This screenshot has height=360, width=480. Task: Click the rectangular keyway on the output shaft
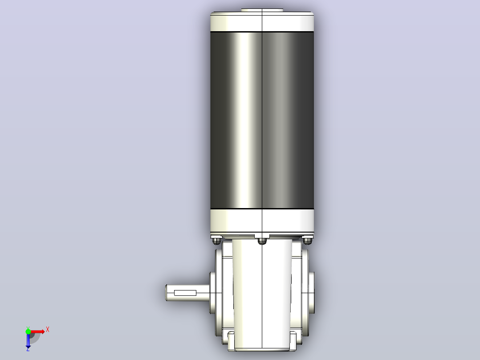click(x=185, y=293)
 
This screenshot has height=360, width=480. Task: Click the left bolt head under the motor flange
click(x=217, y=241)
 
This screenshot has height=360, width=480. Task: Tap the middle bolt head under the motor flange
click(x=262, y=241)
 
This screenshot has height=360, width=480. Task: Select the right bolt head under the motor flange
click(x=307, y=241)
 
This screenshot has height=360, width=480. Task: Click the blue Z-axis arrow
click(x=28, y=340)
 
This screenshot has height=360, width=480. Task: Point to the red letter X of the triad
click(x=48, y=330)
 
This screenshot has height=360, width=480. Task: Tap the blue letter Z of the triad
click(x=28, y=349)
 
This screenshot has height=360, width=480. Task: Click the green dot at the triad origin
click(x=28, y=331)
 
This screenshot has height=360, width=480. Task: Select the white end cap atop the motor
click(x=262, y=21)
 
